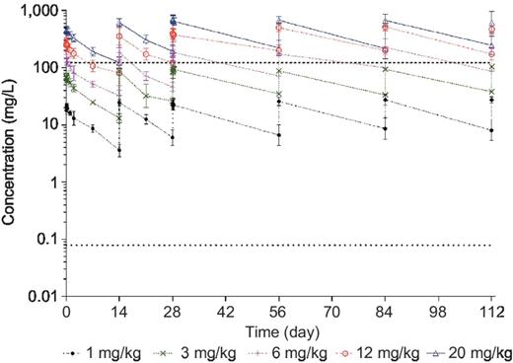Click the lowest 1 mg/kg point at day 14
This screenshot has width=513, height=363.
pyautogui.click(x=119, y=150)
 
